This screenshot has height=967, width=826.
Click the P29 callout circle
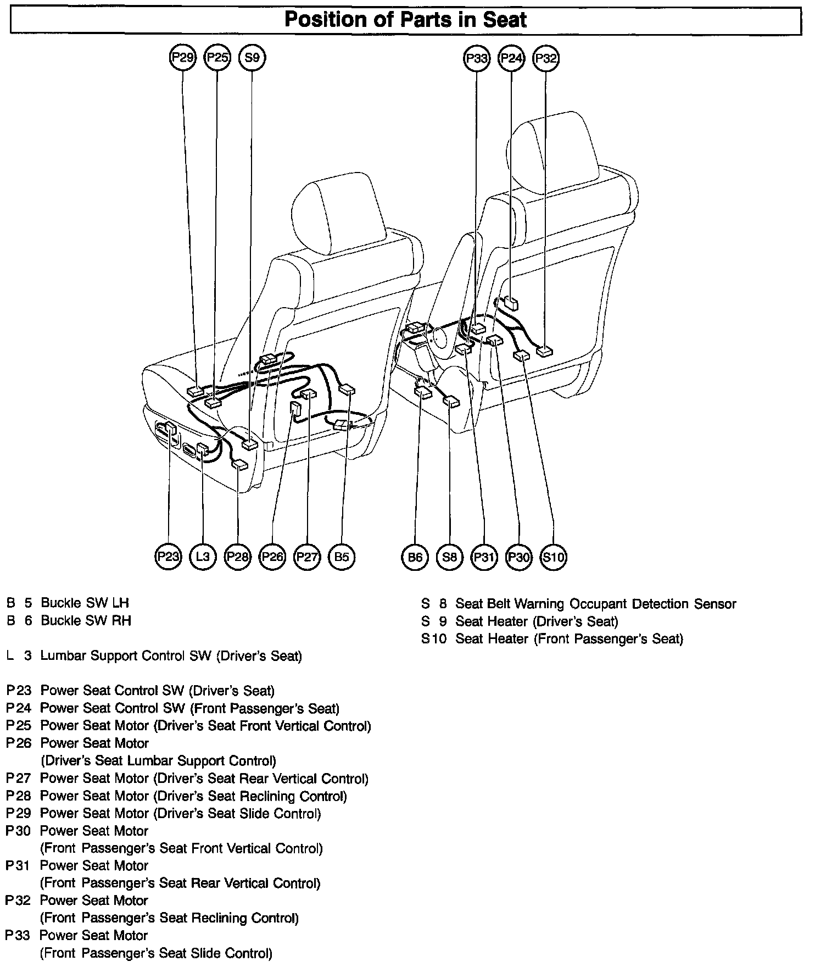[183, 57]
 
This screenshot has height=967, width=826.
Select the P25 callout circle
[217, 57]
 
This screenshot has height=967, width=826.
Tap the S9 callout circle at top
[252, 57]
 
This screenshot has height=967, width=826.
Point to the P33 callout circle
[476, 58]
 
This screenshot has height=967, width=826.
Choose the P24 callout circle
[511, 58]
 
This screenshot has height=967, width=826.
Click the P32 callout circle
[546, 58]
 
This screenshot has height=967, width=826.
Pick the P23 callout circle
[168, 557]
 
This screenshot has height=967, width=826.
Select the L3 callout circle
[203, 557]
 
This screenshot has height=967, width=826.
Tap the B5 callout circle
[342, 557]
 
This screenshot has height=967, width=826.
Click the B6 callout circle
[415, 557]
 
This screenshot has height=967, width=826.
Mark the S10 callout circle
[553, 557]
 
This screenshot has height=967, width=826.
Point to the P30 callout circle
[518, 557]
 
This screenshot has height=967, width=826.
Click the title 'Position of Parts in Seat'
[405, 20]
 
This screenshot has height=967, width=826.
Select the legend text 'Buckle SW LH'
[85, 603]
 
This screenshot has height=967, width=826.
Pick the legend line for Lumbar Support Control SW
[171, 655]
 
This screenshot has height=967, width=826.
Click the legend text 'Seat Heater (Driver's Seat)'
[537, 621]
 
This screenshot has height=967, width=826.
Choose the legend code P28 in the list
[18, 796]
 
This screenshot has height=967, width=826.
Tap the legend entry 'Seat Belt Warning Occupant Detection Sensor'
[595, 604]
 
